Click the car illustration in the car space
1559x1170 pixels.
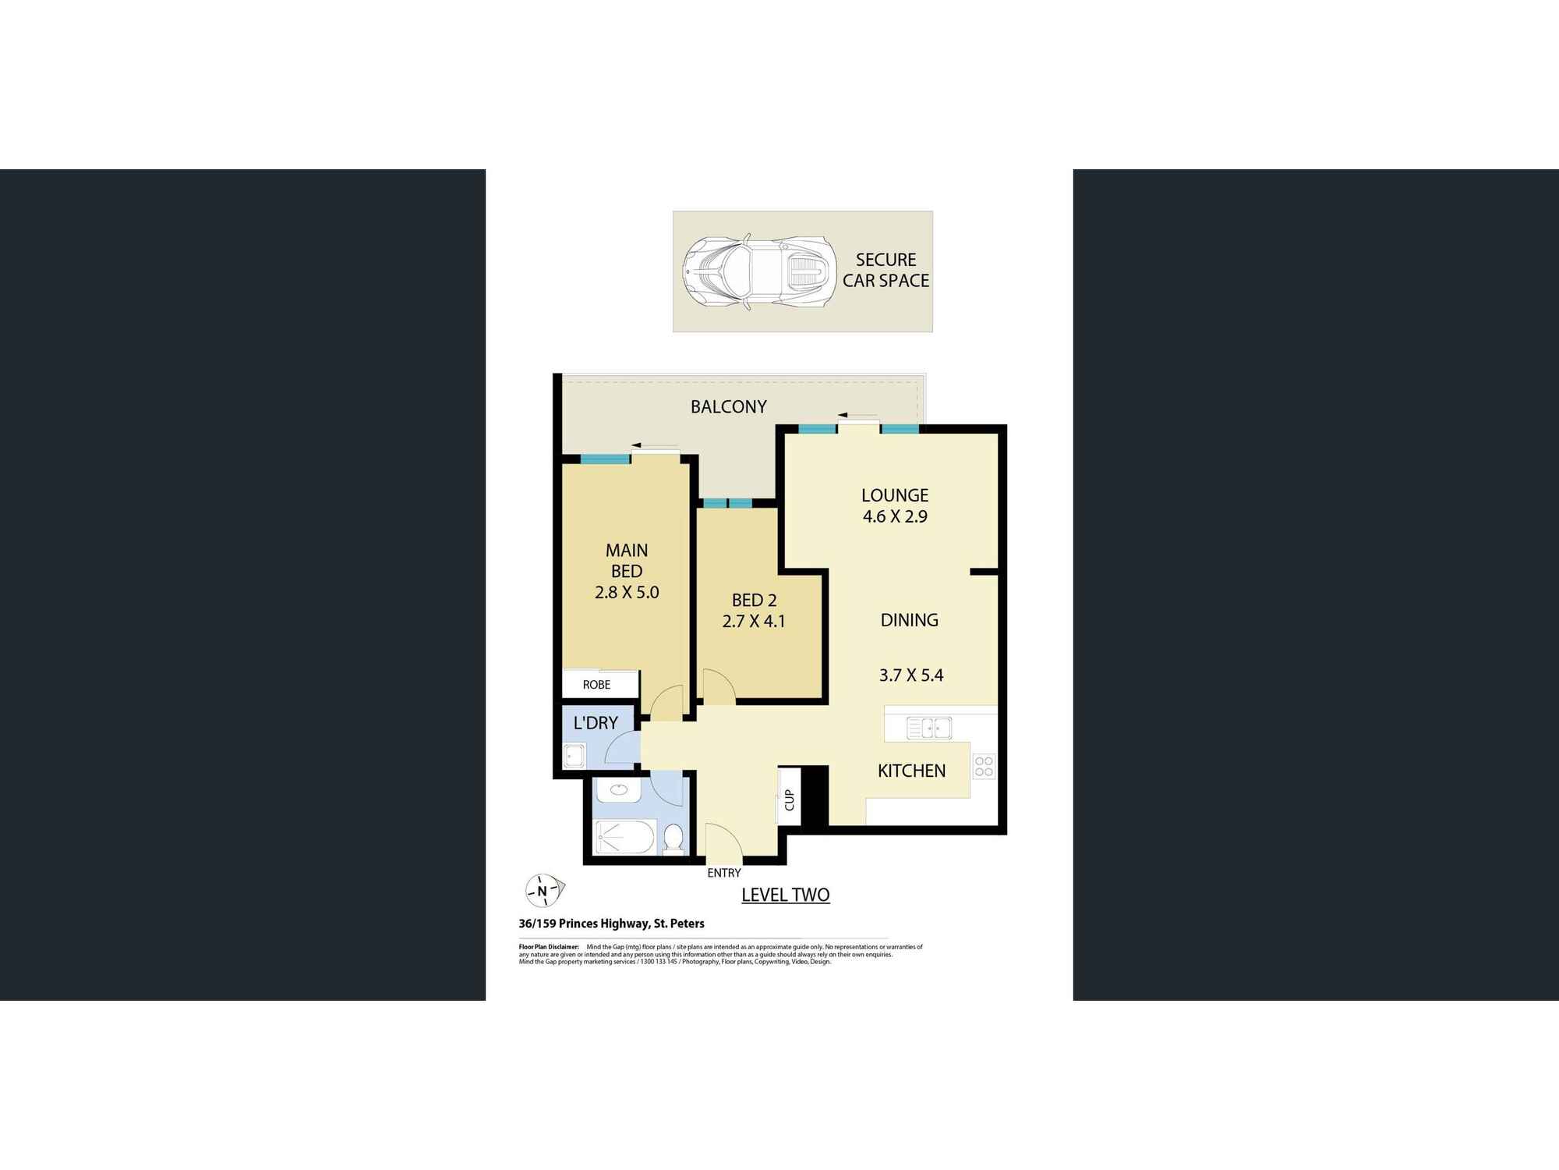click(x=759, y=271)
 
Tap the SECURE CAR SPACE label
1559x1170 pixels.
click(x=886, y=270)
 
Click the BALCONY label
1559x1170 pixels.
click(x=728, y=406)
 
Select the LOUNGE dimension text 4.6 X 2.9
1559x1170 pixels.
click(x=895, y=516)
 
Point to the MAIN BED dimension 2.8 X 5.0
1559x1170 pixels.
click(x=627, y=592)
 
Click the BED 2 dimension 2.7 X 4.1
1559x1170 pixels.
click(x=754, y=621)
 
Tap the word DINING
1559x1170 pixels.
click(x=909, y=620)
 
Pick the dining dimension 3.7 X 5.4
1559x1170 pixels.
click(x=911, y=675)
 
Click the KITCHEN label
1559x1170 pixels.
click(x=911, y=771)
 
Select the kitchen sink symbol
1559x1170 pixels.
click(x=928, y=728)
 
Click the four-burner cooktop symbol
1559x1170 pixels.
click(x=984, y=766)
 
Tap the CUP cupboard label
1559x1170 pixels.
click(x=789, y=799)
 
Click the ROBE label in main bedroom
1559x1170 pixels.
click(x=596, y=685)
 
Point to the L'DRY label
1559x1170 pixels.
click(x=596, y=723)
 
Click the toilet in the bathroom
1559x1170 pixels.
click(x=673, y=838)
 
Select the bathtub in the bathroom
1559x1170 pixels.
click(x=625, y=837)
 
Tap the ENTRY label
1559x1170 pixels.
click(x=723, y=873)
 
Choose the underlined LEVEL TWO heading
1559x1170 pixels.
click(x=785, y=895)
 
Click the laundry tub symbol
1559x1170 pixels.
click(x=574, y=756)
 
